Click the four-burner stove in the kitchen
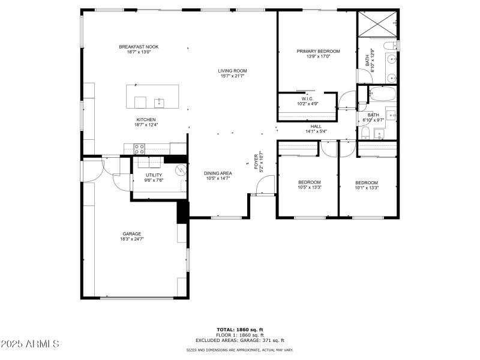coord(139,148)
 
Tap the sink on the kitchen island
coord(159,101)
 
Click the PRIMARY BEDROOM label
coord(318,52)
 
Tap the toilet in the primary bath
coord(391,46)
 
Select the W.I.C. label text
coord(307,98)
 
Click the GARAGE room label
coord(132,234)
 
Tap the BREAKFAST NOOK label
coord(139,47)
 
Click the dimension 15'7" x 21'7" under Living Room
coord(232,76)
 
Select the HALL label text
coord(316,126)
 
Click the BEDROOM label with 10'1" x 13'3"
coord(367,182)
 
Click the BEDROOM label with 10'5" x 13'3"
coord(310,182)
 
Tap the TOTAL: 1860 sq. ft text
coord(240,329)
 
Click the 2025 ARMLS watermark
coord(30,344)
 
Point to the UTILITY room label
coord(154,175)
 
